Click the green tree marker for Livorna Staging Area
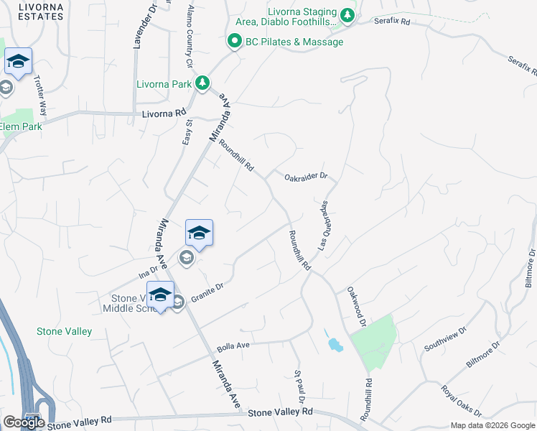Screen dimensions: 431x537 [347, 15]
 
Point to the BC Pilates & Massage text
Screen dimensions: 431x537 [294, 42]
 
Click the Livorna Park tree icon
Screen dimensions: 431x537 [204, 83]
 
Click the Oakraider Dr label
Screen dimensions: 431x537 [305, 175]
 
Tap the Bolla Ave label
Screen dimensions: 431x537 [233, 346]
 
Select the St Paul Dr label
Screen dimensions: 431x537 [299, 386]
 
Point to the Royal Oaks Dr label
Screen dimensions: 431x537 [462, 400]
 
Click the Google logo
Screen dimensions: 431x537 [23, 422]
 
